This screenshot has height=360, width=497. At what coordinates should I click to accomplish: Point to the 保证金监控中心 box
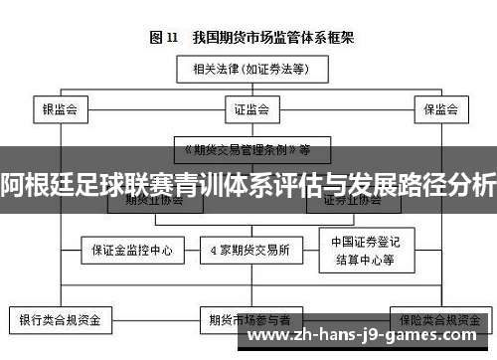(x=133, y=250)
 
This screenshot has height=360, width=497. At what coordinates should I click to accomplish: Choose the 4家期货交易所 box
(x=250, y=250)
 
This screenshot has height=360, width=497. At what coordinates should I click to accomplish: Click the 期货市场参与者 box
(x=249, y=320)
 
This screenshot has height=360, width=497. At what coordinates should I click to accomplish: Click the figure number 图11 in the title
(x=163, y=38)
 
